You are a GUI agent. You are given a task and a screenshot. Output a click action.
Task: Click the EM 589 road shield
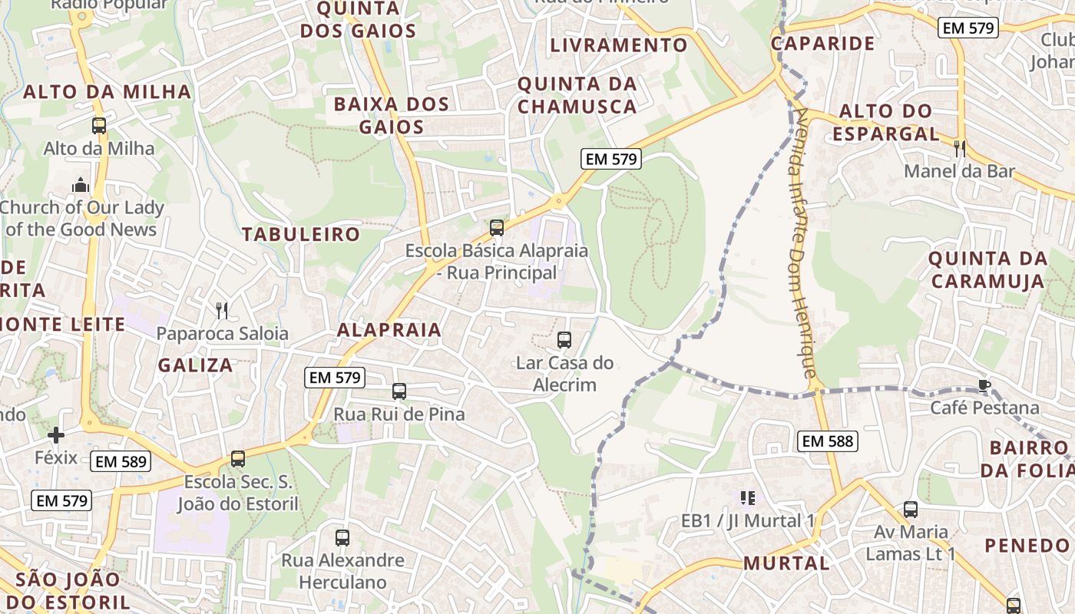click(120, 461)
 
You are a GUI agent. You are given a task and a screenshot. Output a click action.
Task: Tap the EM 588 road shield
click(828, 441)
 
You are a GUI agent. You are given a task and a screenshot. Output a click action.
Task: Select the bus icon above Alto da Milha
click(99, 126)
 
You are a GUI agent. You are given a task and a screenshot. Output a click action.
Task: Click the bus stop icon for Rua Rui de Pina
click(399, 391)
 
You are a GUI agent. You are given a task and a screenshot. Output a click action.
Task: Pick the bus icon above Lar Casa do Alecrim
click(564, 339)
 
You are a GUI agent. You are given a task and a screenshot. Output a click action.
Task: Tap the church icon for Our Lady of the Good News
click(81, 185)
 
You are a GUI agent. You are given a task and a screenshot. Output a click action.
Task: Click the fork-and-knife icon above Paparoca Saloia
click(222, 310)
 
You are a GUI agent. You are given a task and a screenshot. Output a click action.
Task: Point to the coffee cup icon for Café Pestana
click(984, 385)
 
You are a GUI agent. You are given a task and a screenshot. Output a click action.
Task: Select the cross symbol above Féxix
click(56, 436)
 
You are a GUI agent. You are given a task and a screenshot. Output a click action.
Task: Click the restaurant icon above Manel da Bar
click(959, 148)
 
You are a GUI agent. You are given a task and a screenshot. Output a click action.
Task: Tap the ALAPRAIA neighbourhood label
click(389, 330)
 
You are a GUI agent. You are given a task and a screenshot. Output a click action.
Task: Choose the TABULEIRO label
click(301, 235)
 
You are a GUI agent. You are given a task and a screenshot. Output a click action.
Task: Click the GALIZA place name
click(196, 365)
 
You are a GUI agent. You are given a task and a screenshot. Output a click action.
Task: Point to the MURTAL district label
click(786, 563)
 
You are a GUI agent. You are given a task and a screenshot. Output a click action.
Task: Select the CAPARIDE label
click(823, 44)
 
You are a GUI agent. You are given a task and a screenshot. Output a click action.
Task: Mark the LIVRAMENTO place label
click(619, 45)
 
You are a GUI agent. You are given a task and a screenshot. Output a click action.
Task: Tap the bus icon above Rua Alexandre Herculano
click(342, 538)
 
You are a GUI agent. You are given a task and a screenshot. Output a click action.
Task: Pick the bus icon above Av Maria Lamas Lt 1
click(911, 509)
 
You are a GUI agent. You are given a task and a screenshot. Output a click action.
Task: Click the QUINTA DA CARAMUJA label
click(987, 269)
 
